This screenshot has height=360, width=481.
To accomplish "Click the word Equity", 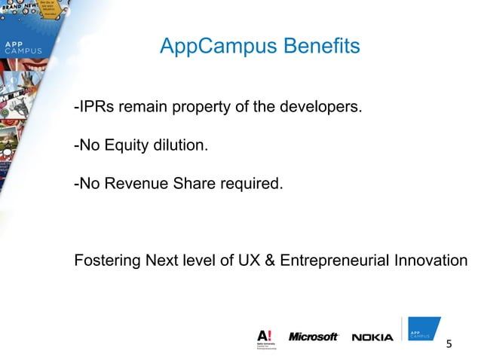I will [x=124, y=145].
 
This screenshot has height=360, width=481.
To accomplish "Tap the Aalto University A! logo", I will [x=265, y=338].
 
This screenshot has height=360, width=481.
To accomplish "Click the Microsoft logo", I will [x=314, y=337].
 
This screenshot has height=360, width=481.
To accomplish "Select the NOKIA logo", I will [x=372, y=337].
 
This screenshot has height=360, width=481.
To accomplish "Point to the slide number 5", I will [x=450, y=345].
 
